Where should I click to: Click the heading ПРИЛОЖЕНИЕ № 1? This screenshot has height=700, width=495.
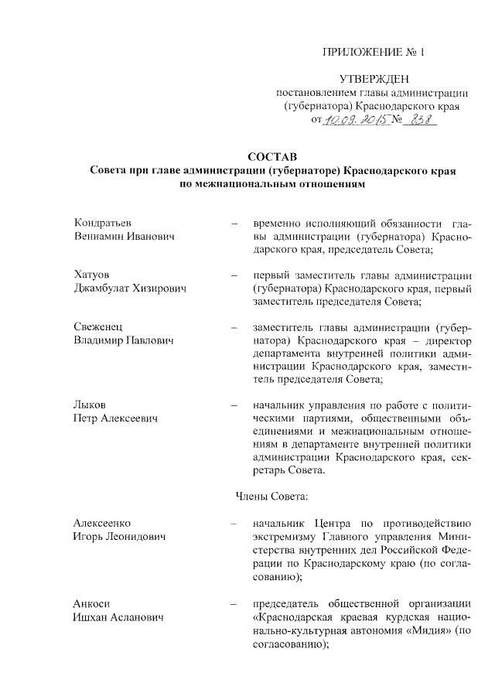tap(374, 53)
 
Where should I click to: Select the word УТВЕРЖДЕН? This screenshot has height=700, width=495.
tap(375, 79)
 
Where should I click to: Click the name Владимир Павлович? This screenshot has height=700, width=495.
tap(124, 340)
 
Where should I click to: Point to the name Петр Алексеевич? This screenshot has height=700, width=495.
tap(116, 418)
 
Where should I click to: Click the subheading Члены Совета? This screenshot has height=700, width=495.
tap(270, 497)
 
